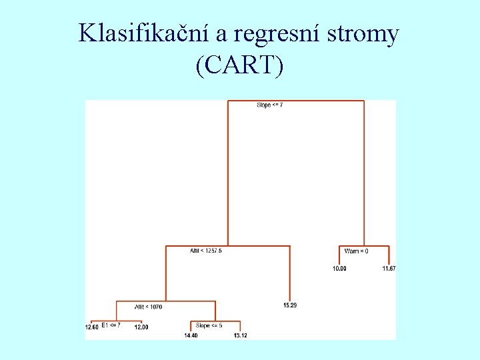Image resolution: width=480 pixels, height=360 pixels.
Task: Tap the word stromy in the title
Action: [x=364, y=33]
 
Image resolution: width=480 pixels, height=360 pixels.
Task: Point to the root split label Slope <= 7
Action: [x=269, y=105]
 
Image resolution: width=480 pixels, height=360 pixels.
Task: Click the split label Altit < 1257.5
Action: [x=206, y=251]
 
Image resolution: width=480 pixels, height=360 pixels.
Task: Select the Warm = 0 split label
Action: [x=356, y=251]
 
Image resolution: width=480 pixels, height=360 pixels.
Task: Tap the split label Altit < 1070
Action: [x=148, y=307]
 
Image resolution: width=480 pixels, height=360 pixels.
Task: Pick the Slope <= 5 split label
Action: [x=209, y=325]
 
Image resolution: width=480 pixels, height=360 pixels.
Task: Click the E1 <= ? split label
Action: [x=111, y=325]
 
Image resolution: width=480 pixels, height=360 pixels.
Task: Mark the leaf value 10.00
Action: [x=339, y=269]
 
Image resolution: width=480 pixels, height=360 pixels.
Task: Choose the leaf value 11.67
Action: [x=389, y=269]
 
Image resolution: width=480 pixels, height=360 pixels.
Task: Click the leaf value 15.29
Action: [x=290, y=305]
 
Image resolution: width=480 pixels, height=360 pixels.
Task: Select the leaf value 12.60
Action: [x=91, y=327]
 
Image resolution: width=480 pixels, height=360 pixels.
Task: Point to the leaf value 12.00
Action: [x=141, y=327]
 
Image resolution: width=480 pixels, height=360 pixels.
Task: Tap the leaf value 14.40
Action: [x=191, y=335]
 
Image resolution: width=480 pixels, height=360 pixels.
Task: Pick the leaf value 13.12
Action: [x=240, y=335]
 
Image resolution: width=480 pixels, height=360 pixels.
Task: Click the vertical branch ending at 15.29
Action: [x=290, y=273]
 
